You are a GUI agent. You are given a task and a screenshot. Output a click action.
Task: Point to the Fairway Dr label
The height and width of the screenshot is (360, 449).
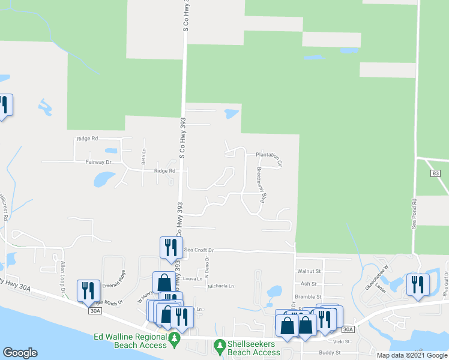click(100, 162)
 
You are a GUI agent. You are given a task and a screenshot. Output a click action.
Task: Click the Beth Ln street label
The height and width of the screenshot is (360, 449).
click(143, 156)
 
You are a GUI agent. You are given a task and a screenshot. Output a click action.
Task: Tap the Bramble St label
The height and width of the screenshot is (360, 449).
click(310, 296)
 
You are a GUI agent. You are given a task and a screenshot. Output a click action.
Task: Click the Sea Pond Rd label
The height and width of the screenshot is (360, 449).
click(414, 213)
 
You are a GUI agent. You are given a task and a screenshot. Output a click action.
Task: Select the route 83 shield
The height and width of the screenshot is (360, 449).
click(435, 173)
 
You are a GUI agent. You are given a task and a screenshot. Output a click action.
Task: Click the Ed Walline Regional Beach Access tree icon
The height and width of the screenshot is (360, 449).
click(175, 339)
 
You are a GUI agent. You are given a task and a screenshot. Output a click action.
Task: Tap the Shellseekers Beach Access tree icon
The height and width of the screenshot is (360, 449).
click(220, 346)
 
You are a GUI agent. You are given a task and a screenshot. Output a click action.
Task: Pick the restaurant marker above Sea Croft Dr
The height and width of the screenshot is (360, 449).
click(170, 247)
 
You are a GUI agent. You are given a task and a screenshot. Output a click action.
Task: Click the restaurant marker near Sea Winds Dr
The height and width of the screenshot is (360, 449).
click(88, 290)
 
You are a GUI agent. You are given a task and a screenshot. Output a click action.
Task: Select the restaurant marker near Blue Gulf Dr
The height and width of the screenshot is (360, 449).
click(417, 284)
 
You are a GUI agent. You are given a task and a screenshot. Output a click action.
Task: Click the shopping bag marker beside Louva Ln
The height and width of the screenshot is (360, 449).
click(164, 281)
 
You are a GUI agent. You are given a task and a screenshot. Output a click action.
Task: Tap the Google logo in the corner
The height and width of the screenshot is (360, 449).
click(20, 353)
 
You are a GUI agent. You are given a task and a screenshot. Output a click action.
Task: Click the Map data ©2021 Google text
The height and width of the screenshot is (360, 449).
click(411, 355)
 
